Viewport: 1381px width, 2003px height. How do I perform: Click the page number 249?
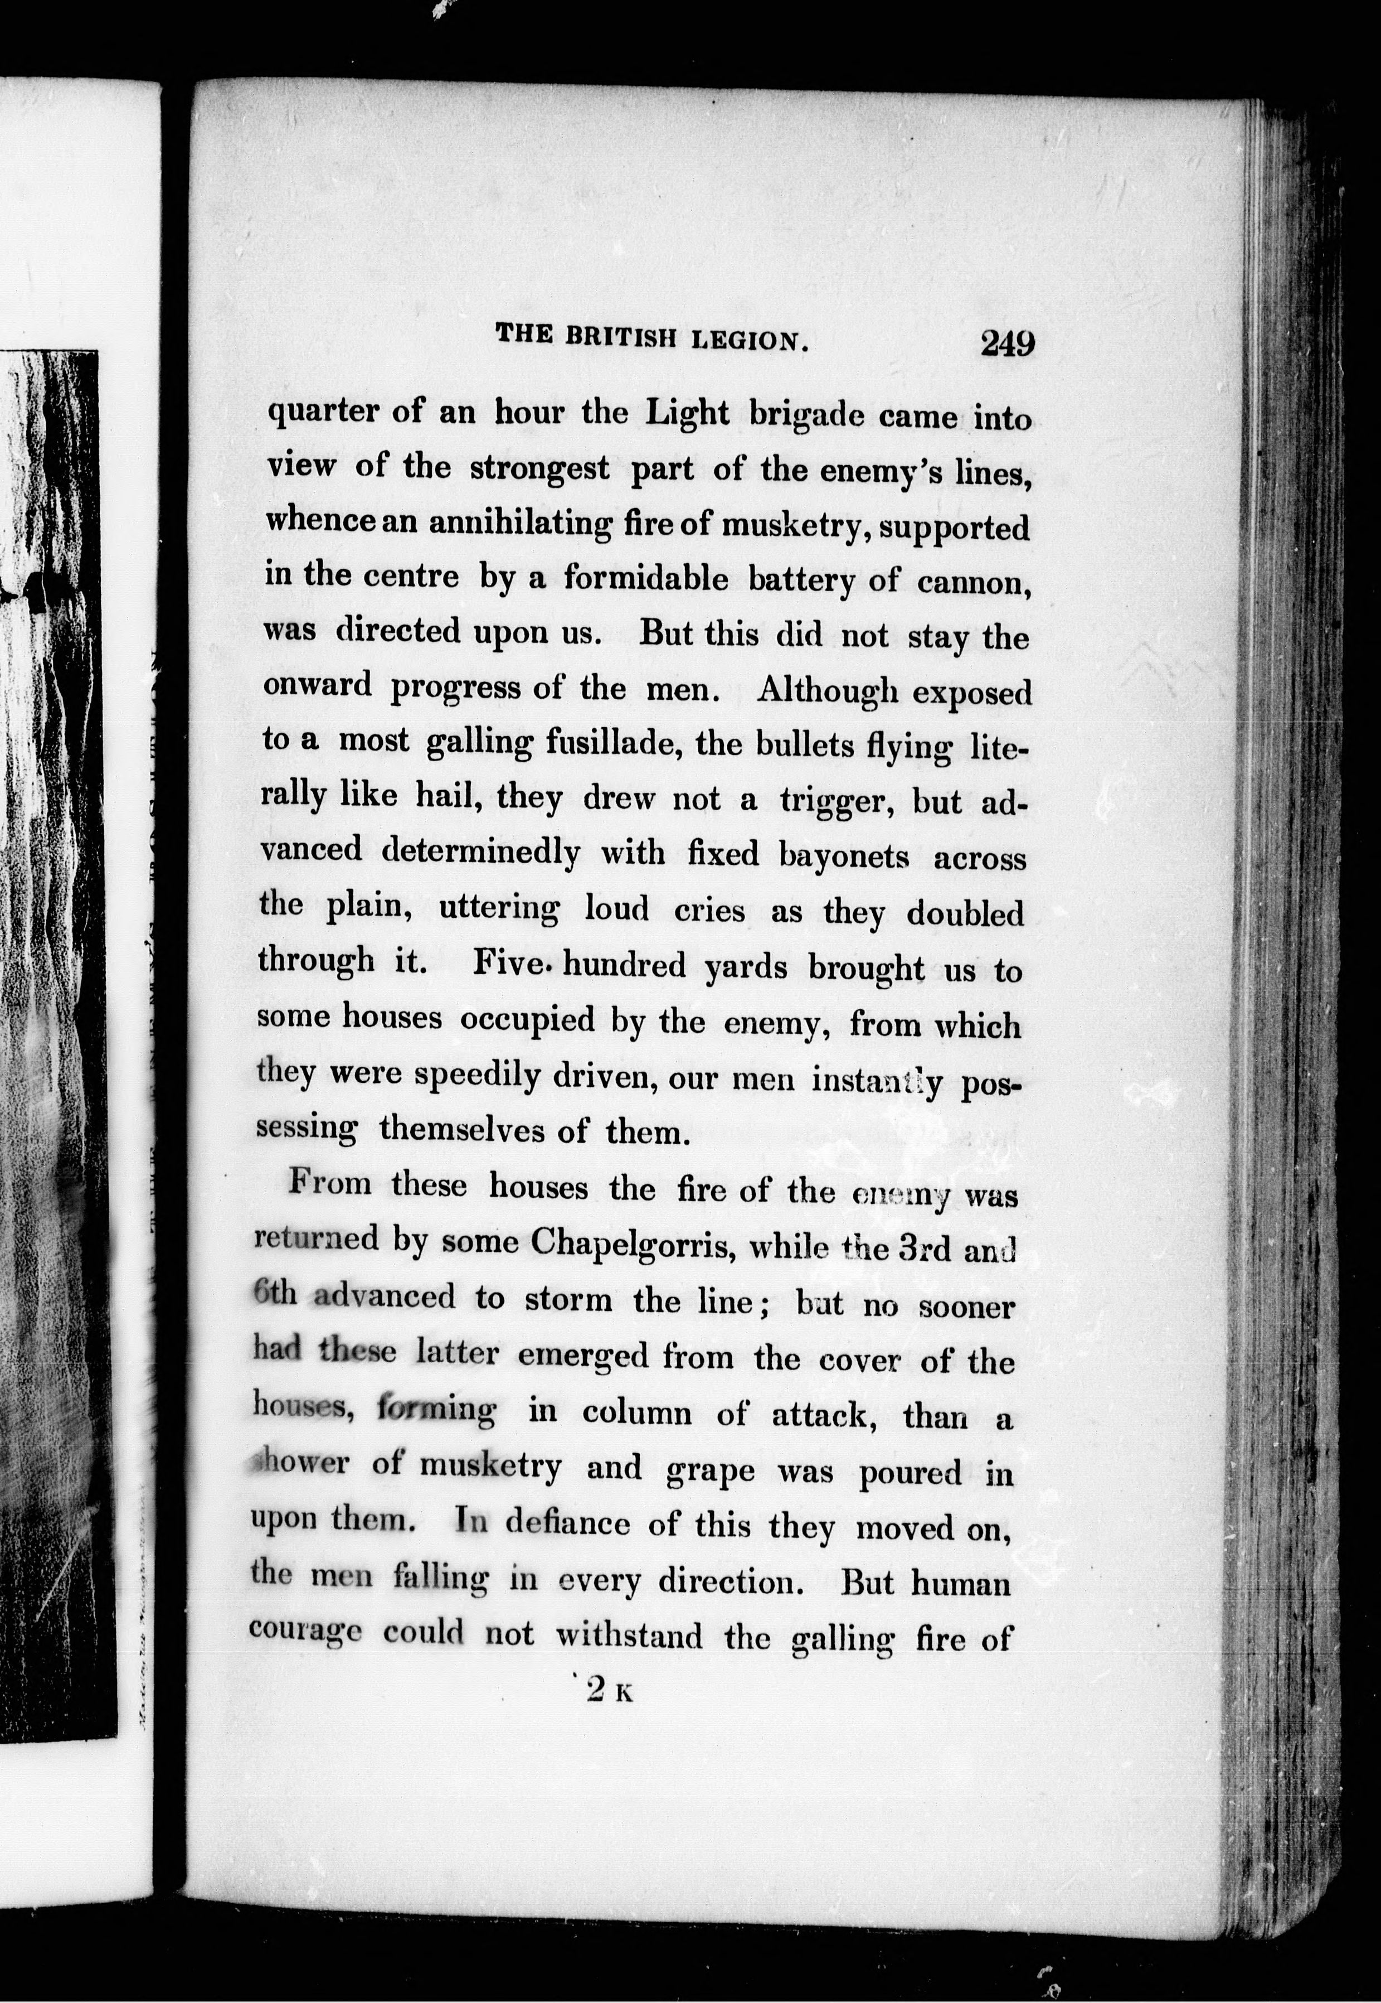click(x=1007, y=343)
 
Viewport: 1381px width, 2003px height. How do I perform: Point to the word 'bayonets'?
click(x=844, y=856)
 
